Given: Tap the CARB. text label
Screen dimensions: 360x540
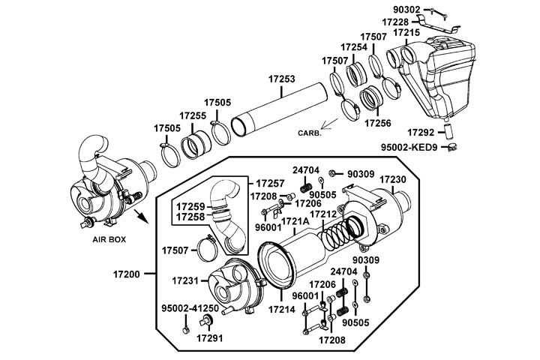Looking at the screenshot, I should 309,133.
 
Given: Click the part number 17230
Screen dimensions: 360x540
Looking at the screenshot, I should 392,180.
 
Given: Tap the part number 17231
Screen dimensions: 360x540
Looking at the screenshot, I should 184,280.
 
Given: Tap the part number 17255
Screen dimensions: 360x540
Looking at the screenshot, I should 193,115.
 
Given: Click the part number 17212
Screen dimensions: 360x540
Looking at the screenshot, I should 327,214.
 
